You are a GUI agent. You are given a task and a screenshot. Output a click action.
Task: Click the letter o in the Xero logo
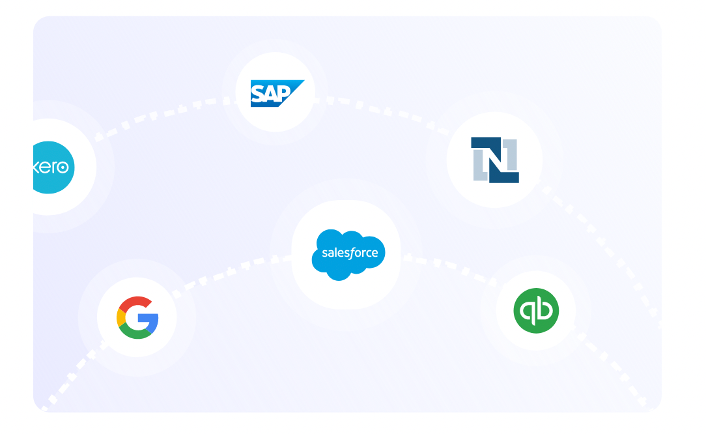pos(63,167)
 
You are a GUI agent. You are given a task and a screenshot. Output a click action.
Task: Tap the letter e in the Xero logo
pos(44,167)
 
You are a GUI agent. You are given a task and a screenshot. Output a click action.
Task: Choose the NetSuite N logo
pos(495,160)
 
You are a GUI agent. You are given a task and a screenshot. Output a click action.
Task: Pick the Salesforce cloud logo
pos(348,254)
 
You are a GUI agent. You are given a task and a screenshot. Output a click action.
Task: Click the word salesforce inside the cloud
pos(350,253)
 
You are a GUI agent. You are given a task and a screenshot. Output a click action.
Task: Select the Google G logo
pos(137,317)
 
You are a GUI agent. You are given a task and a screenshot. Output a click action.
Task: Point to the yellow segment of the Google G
pos(120,317)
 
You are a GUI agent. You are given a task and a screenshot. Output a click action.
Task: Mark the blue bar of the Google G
pos(149,318)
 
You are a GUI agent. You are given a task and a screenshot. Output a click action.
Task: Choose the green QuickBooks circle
pos(535,311)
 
